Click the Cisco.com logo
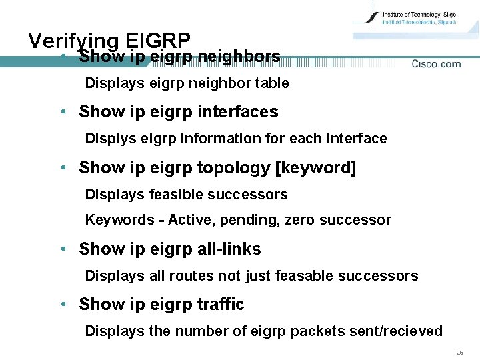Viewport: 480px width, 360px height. [x=436, y=64]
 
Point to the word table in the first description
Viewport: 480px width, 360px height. [x=271, y=83]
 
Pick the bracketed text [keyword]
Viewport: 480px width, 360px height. [x=315, y=167]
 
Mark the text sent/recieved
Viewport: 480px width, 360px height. [x=393, y=331]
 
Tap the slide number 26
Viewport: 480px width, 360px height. [x=459, y=351]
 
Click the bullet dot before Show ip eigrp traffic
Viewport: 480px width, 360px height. [x=63, y=304]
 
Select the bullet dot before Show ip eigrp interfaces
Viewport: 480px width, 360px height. [x=63, y=111]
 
